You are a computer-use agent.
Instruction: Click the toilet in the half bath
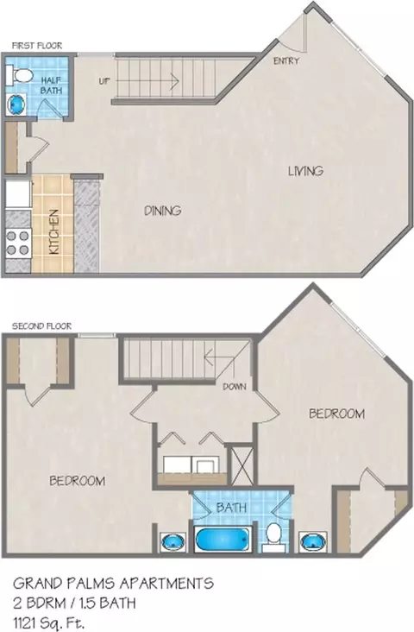(19, 75)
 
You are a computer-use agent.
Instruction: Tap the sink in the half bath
(16, 104)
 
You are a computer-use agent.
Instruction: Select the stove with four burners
(18, 243)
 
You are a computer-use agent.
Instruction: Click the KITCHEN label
(54, 231)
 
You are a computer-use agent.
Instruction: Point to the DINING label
(163, 211)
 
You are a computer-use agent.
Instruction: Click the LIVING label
(305, 171)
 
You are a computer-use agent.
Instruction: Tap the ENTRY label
(286, 60)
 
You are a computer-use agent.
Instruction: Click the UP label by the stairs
(103, 81)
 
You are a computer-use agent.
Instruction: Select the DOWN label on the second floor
(235, 387)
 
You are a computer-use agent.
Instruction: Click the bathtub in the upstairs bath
(222, 540)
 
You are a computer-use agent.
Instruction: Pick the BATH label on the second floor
(231, 507)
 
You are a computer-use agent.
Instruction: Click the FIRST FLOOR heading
(37, 46)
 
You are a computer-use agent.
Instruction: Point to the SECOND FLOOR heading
(42, 326)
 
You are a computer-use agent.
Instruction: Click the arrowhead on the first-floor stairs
(175, 81)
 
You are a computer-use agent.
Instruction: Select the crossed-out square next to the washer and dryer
(241, 465)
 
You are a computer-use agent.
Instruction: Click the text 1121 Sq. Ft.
(48, 623)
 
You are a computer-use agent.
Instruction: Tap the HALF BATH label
(51, 85)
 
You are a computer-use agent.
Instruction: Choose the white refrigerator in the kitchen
(18, 194)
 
